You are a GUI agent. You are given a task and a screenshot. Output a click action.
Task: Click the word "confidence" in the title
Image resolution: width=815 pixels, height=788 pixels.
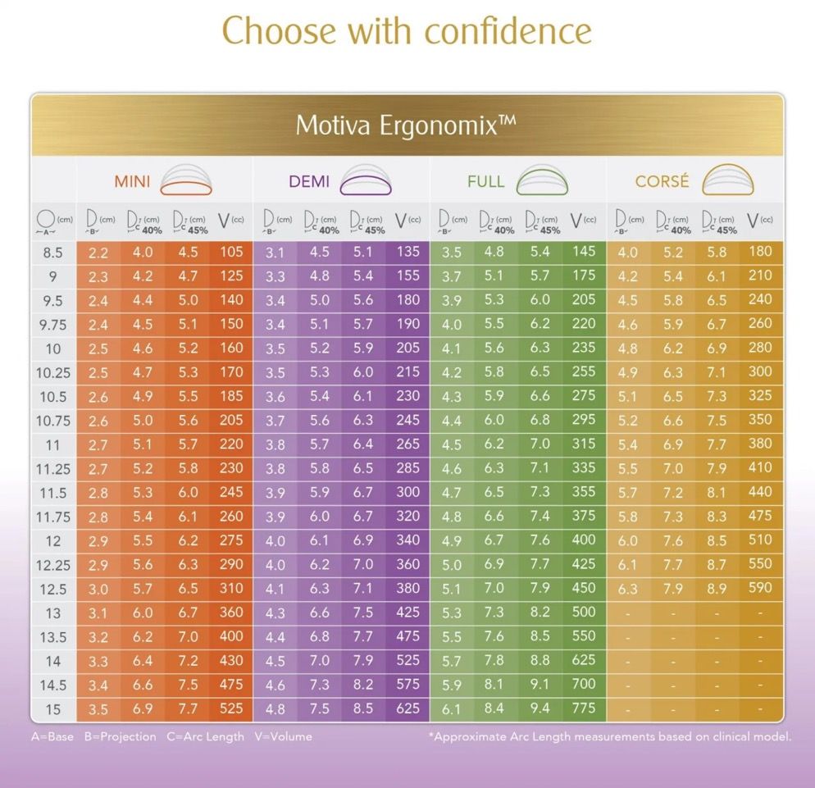[508, 31]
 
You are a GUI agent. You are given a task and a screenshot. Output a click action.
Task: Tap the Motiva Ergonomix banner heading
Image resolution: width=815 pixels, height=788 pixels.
[406, 125]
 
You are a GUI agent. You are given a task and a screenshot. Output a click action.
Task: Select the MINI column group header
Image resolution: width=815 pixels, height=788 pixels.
[132, 181]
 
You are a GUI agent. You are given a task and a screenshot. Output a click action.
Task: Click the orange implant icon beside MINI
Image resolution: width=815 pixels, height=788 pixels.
[186, 180]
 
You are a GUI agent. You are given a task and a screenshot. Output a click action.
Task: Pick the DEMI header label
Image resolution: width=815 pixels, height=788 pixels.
[309, 181]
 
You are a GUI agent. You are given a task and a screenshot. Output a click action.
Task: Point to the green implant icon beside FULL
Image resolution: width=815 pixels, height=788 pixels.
[542, 180]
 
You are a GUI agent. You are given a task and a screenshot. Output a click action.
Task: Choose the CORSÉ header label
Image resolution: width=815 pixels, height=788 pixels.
[662, 181]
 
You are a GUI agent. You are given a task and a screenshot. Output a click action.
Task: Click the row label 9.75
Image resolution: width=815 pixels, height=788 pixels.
[52, 325]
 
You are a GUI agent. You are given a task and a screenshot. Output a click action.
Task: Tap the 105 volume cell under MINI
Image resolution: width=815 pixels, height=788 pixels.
[231, 252]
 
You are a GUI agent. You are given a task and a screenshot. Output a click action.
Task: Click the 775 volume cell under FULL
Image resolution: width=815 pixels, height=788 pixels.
[584, 708]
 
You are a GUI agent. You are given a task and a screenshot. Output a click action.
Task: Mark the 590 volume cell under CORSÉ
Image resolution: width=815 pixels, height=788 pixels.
[760, 588]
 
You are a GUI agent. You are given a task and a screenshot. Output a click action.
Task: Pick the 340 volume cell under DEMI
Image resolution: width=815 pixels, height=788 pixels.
[407, 540]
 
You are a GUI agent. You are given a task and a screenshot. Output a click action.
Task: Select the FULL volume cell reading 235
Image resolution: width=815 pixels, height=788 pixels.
[584, 348]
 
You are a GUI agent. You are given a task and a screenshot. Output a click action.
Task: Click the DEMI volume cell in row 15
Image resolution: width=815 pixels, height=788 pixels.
[407, 708]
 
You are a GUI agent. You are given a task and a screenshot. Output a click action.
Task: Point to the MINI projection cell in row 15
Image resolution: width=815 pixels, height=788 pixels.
[98, 708]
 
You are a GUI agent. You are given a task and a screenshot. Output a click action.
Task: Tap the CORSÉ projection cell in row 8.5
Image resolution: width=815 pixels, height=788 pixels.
[627, 253]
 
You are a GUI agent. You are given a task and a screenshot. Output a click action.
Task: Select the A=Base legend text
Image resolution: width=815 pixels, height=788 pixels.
[52, 736]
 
